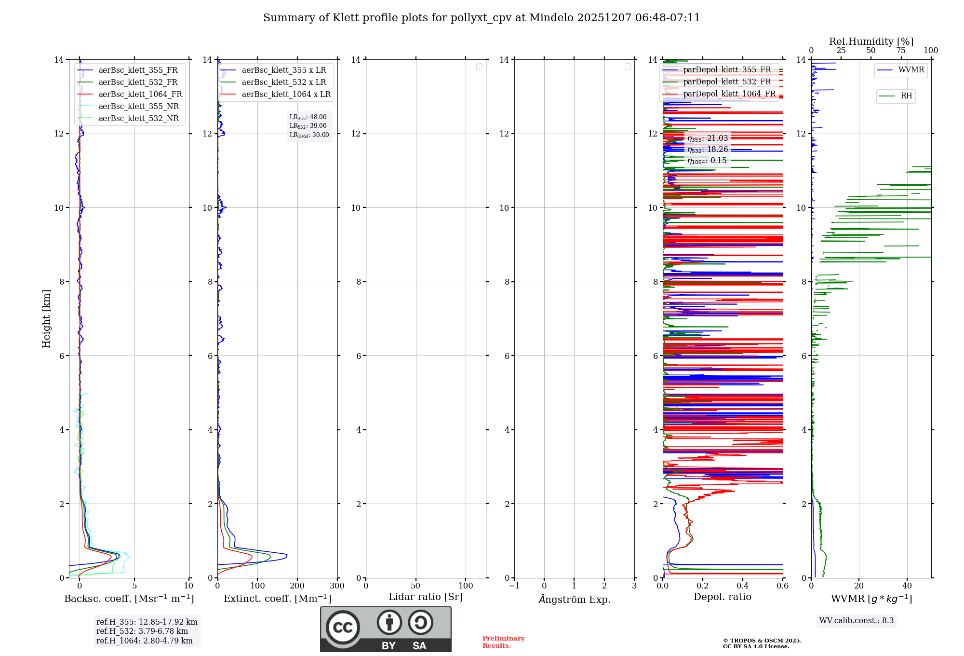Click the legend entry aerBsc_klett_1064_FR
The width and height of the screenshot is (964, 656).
140,94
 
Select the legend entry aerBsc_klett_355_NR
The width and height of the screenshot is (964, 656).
139,106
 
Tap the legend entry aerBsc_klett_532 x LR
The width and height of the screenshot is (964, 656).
284,82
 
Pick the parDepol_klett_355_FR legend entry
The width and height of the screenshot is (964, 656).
727,69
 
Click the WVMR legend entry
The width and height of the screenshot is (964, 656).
911,70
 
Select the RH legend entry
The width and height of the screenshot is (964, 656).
906,96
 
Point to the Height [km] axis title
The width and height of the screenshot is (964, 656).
46,319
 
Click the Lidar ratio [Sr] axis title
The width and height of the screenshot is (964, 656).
426,597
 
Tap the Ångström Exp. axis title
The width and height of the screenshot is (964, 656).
575,600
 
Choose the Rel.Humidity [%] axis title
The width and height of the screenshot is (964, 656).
871,41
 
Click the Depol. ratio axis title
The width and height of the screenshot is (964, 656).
723,597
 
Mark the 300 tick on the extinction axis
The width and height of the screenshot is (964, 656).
337,586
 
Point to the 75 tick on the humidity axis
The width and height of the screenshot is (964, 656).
901,51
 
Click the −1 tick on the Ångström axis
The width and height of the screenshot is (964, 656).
514,586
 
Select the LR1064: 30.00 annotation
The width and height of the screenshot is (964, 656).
309,135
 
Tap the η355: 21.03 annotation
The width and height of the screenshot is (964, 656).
708,138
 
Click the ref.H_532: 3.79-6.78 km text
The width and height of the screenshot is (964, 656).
142,631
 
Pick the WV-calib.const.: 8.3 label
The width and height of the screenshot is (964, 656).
857,621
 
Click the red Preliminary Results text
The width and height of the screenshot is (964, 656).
503,642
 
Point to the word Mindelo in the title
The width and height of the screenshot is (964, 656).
551,18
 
